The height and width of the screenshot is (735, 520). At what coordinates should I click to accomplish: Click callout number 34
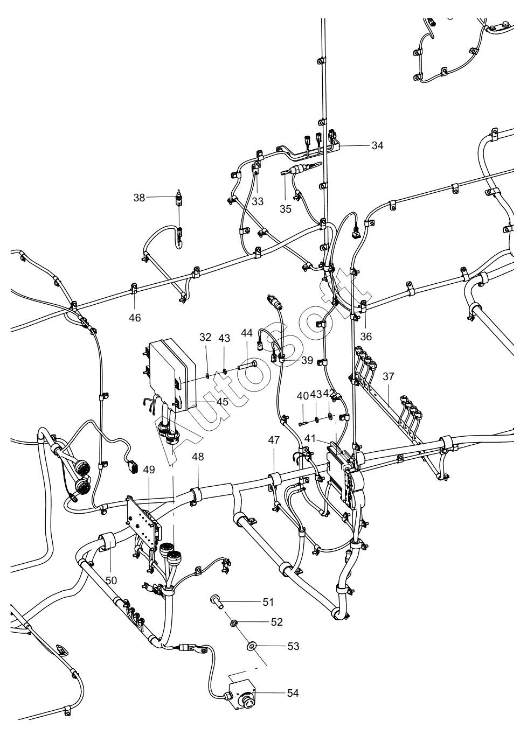(x=377, y=145)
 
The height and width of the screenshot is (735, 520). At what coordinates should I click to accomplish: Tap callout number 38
(x=139, y=198)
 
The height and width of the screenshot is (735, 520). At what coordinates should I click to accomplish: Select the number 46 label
(x=135, y=318)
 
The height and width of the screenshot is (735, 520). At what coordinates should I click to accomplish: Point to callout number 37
(x=388, y=376)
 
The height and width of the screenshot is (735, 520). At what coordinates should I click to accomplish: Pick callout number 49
(x=149, y=470)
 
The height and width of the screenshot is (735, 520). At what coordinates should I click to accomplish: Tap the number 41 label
(x=310, y=438)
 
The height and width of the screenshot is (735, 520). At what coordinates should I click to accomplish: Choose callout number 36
(x=366, y=337)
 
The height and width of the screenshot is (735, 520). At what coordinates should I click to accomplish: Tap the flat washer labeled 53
(x=251, y=646)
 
